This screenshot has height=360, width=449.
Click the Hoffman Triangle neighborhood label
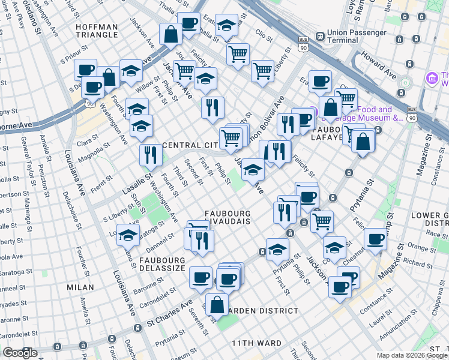(97, 30)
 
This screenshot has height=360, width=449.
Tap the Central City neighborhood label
(191, 145)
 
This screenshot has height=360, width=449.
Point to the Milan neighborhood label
(80, 287)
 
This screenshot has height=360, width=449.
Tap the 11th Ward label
(257, 343)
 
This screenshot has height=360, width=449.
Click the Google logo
(20, 353)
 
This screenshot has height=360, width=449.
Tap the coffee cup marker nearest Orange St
(376, 239)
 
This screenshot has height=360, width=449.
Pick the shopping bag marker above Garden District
(217, 304)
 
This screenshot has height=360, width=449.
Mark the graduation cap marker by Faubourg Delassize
(128, 236)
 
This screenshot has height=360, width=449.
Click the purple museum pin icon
(431, 78)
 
